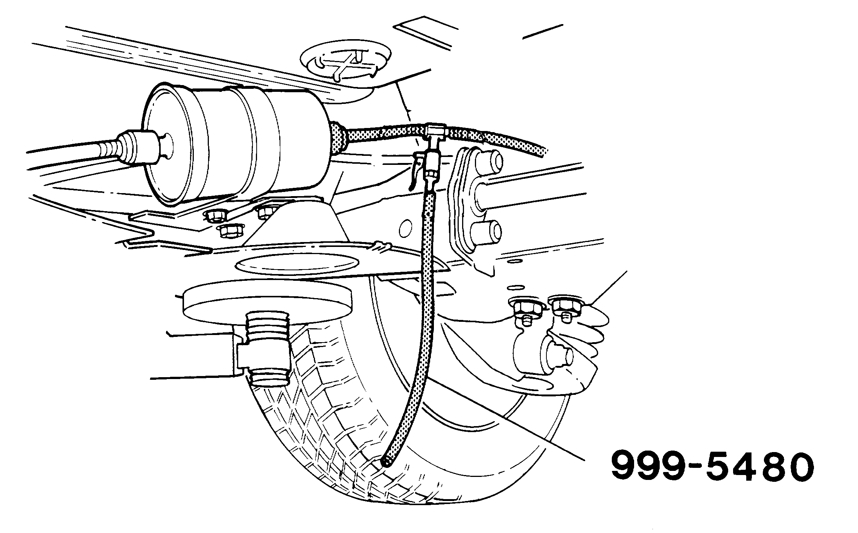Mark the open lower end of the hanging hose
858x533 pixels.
tap(386, 461)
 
